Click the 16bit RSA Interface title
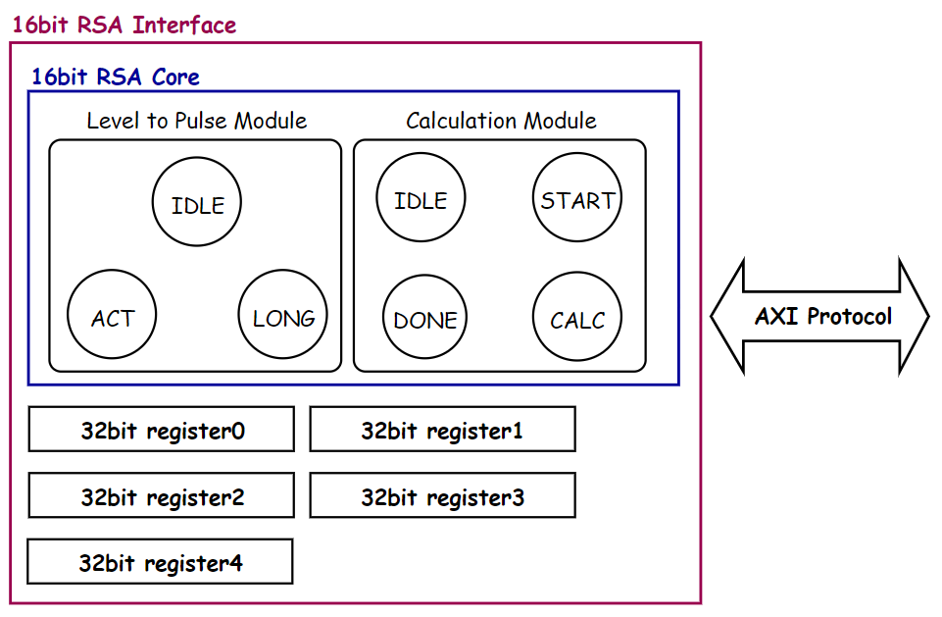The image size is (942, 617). pyautogui.click(x=124, y=25)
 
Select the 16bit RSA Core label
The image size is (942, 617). pyautogui.click(x=116, y=77)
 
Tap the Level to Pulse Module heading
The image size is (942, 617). pyautogui.click(x=196, y=121)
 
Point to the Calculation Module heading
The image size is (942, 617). pyautogui.click(x=501, y=121)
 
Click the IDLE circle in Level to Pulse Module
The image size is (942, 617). pyautogui.click(x=197, y=205)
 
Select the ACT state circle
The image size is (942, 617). pyautogui.click(x=112, y=318)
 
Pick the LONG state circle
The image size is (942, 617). pyautogui.click(x=283, y=318)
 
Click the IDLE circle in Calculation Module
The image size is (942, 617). pyautogui.click(x=421, y=200)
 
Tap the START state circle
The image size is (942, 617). pyautogui.click(x=577, y=200)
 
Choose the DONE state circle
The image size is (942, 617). pyautogui.click(x=425, y=319)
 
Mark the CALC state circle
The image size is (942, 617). pyautogui.click(x=577, y=319)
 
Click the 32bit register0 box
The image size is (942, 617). pyautogui.click(x=162, y=430)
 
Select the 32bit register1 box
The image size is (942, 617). pyautogui.click(x=442, y=430)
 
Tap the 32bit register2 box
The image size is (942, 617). pyautogui.click(x=162, y=496)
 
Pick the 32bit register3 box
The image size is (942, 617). pyautogui.click(x=442, y=496)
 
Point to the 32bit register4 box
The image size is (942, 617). pyautogui.click(x=160, y=562)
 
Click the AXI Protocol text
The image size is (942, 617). pyautogui.click(x=823, y=317)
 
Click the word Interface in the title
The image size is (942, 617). pyautogui.click(x=184, y=25)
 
